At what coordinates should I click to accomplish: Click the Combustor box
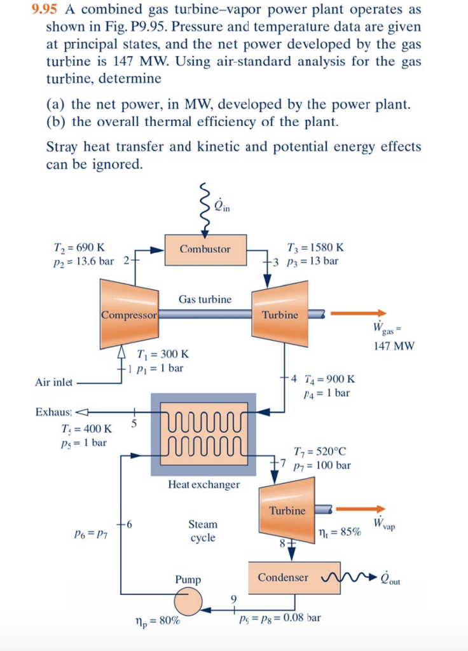(205, 249)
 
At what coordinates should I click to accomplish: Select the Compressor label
(129, 314)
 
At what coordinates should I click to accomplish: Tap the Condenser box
(283, 577)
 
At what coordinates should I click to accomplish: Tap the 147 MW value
(394, 346)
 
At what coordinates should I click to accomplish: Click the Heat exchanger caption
(204, 484)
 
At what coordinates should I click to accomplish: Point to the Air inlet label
(54, 383)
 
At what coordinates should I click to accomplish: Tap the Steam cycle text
(203, 531)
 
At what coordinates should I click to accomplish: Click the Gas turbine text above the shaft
(205, 299)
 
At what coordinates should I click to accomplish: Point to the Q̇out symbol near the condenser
(390, 578)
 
